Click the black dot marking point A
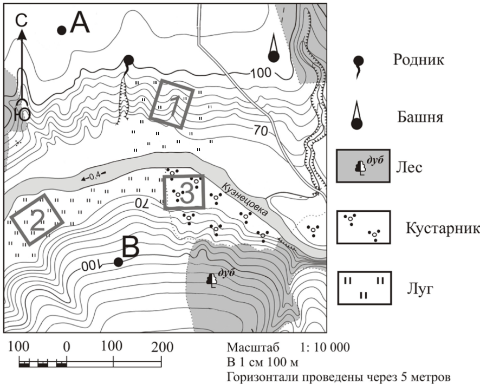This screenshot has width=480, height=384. coord(62,30)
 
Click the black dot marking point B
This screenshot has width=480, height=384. coord(119,262)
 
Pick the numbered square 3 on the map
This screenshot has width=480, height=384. coord(185,192)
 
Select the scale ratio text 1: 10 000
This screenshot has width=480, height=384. coord(325,347)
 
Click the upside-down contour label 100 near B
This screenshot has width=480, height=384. coord(92,266)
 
